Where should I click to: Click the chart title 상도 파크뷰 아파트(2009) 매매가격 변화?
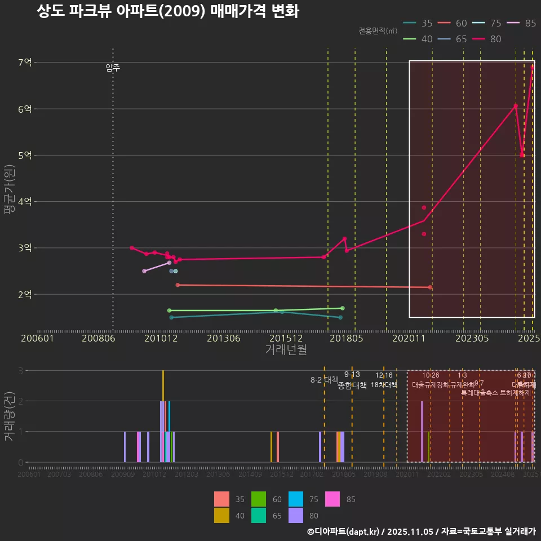tap(167, 12)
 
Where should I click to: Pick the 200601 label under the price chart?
tap(37, 339)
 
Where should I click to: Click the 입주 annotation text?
tap(113, 68)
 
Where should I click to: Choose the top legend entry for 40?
tap(418, 39)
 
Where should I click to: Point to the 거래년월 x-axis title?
tap(286, 350)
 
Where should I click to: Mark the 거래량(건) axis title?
tap(9, 417)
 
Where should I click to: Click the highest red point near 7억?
tap(533, 67)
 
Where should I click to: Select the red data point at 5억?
tap(522, 155)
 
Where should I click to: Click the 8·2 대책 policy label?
tap(324, 380)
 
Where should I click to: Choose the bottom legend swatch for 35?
tap(221, 499)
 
